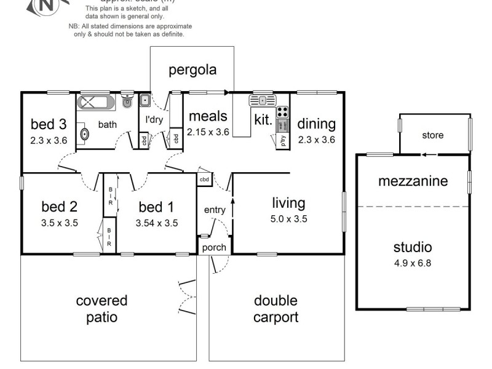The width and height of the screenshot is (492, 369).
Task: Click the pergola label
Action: pos(192,69)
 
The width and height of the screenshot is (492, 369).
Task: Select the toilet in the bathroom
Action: pos(127,101)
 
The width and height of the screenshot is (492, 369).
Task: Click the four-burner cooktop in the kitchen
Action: pos(283,113)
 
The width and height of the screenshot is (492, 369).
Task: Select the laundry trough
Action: pos(145,100)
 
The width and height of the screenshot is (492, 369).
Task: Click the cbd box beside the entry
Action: pos(204,179)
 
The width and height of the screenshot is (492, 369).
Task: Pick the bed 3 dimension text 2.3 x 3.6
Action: pos(49,140)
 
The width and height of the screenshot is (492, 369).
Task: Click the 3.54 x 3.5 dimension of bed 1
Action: pos(157,223)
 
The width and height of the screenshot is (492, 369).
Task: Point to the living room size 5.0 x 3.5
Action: pos(289,218)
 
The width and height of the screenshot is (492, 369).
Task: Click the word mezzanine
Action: pos(413,181)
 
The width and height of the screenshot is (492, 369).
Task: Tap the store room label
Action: pos(432,135)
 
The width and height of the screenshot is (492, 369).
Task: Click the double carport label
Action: pos(276,309)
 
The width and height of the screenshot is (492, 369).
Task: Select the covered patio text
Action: pos(101,309)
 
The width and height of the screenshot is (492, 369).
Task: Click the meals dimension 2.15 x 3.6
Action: pos(208,132)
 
